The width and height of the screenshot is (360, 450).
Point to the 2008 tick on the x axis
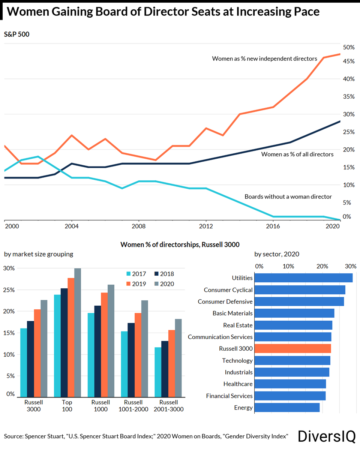[138, 226]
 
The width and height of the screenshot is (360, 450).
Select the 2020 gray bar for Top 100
[78, 333]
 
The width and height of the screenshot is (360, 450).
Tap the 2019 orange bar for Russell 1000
[104, 345]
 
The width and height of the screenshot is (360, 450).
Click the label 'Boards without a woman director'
[288, 196]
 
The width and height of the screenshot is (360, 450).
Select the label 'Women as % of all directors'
[297, 154]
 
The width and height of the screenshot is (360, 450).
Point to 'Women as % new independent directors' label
[264, 58]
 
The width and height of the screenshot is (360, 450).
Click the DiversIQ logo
[326, 436]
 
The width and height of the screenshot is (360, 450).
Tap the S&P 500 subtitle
[16, 34]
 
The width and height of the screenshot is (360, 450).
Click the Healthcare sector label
[238, 384]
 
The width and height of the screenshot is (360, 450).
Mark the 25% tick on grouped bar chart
[9, 290]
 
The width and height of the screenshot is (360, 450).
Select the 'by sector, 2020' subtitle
[277, 254]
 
